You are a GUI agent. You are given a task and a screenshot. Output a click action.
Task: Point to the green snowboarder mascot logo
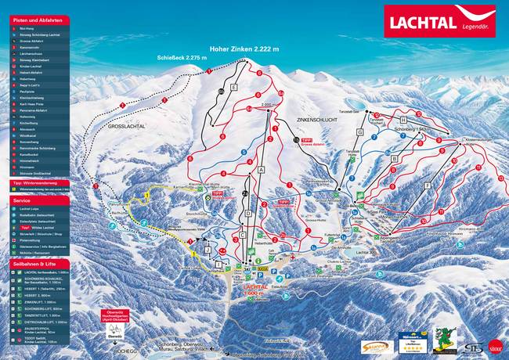tap(446, 342)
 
